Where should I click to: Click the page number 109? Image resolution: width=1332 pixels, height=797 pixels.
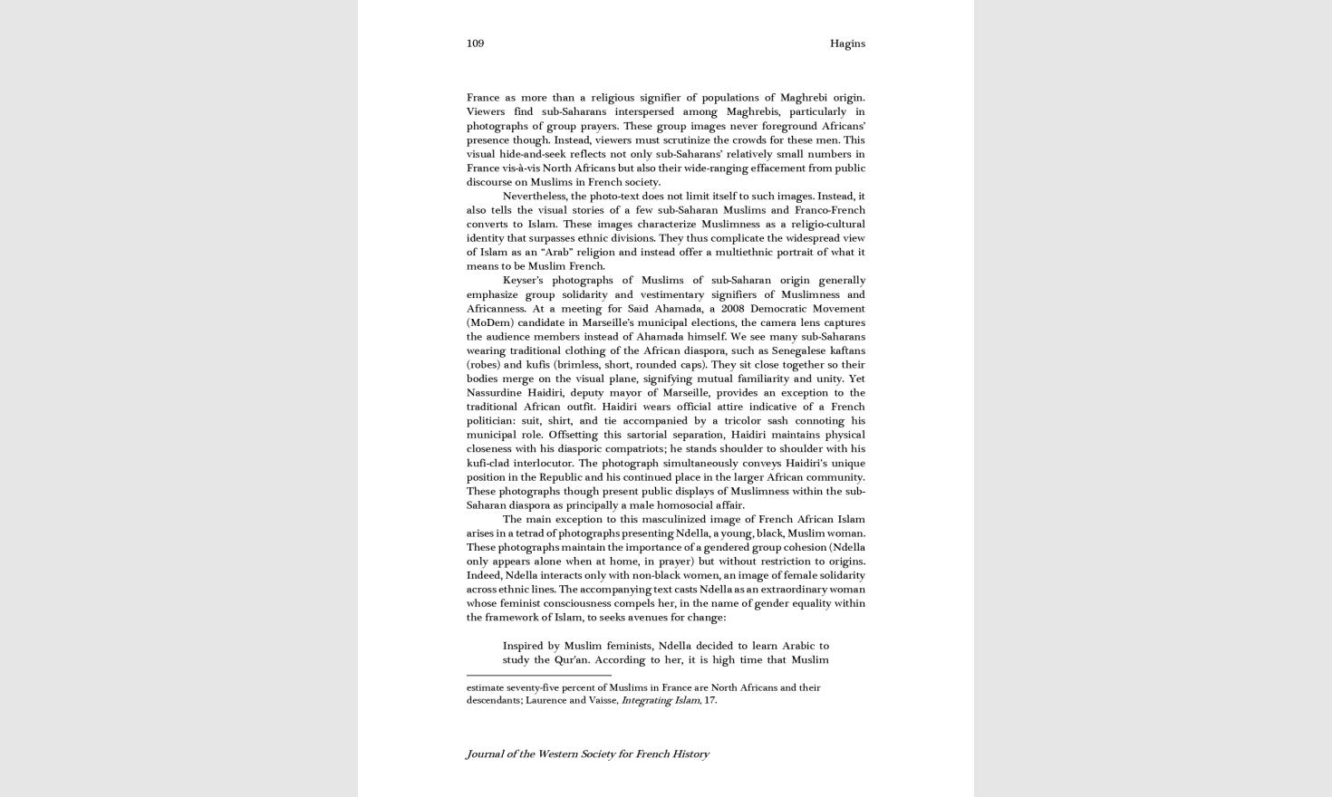click(x=475, y=43)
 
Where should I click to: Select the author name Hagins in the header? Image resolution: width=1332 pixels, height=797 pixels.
click(x=847, y=43)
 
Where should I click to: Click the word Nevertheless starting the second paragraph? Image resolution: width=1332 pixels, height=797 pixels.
click(x=535, y=196)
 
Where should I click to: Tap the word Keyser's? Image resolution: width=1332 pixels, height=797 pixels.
click(x=523, y=280)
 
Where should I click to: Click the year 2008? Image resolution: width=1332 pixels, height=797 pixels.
click(x=732, y=308)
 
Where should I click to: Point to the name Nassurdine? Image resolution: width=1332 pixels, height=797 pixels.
click(x=493, y=392)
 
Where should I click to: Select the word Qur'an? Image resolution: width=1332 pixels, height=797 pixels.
click(x=572, y=659)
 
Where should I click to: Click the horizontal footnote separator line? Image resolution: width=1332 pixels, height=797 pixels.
click(x=538, y=675)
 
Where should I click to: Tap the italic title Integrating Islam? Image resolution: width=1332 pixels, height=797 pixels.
click(x=660, y=700)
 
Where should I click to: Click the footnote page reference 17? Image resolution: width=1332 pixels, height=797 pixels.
click(x=709, y=700)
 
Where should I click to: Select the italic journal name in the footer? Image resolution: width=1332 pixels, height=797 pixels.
click(x=587, y=754)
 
